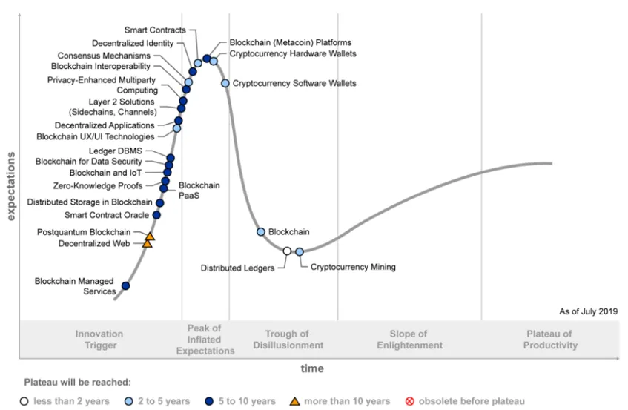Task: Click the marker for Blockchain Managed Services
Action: coord(125,285)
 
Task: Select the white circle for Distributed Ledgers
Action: coord(287,251)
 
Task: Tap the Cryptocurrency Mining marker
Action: coord(300,252)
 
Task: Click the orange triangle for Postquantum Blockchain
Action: coord(150,237)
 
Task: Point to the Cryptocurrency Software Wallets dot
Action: coord(225,83)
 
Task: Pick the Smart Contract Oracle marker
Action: coord(156,215)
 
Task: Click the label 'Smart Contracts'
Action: coord(155,30)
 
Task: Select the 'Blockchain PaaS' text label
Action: coord(199,191)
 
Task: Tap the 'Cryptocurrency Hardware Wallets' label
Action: coord(293,54)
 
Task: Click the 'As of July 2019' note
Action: coord(588,312)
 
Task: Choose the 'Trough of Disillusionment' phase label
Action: coord(288,340)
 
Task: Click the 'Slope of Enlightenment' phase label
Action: coord(409,340)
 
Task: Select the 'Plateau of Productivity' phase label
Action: coord(550,340)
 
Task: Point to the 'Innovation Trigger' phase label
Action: coord(99,340)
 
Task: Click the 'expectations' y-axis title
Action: coord(11,186)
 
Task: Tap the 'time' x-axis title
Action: coord(311,368)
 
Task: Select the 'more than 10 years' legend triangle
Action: coord(294,401)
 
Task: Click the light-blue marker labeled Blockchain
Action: coord(261,232)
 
